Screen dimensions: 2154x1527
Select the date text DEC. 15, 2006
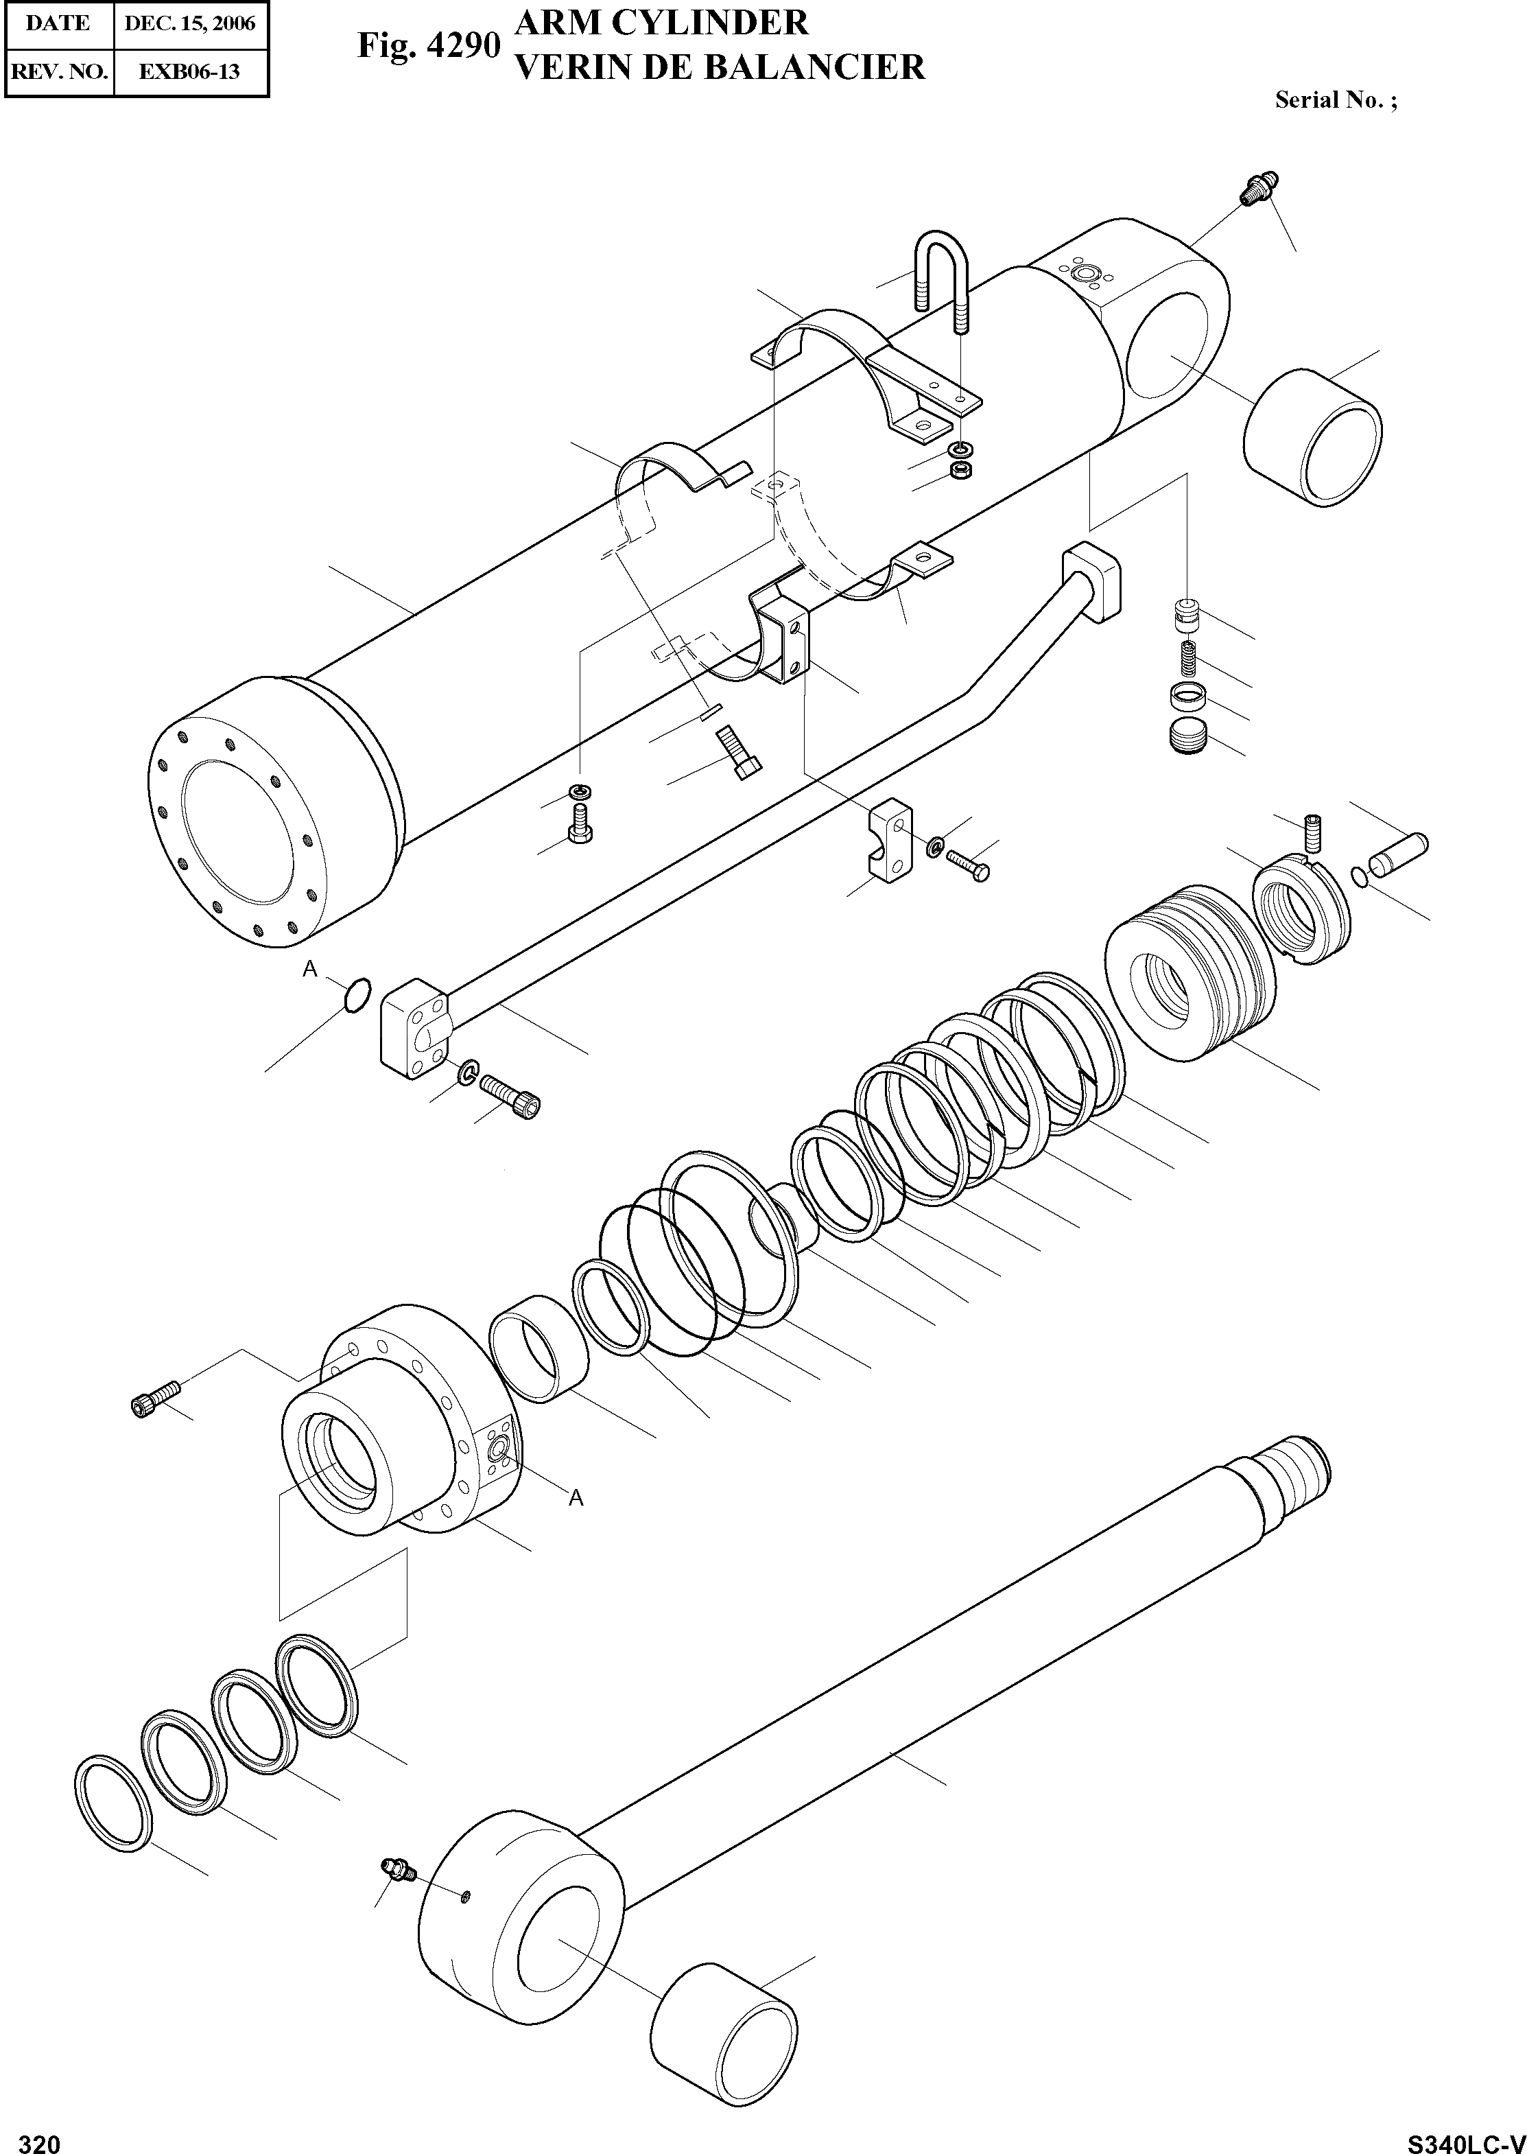coord(191,23)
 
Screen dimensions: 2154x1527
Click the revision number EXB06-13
coord(190,71)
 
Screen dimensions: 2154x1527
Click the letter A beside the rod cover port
coord(576,1499)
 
